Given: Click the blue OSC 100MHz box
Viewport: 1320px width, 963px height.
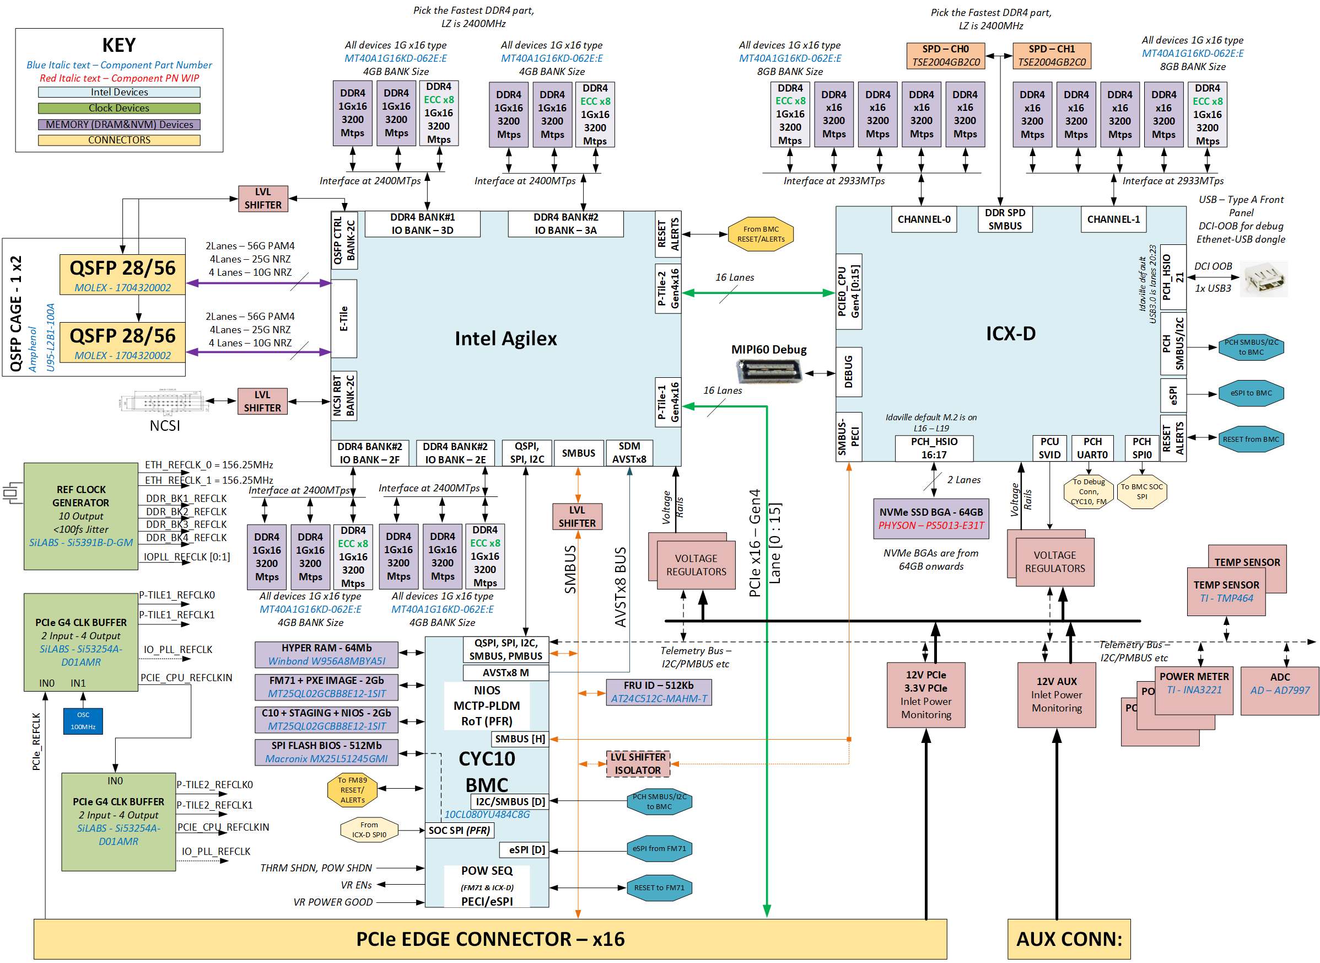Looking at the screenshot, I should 83,720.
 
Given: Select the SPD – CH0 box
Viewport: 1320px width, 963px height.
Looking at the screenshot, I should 945,55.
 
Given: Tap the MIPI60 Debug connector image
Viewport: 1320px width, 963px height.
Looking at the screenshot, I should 769,371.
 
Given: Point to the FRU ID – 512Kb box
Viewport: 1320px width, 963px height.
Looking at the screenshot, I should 658,692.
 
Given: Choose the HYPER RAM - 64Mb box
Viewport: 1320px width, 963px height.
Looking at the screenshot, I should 326,654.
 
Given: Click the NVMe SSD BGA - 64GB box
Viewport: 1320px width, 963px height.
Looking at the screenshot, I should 931,518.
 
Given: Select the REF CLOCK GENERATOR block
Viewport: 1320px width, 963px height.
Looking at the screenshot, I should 81,516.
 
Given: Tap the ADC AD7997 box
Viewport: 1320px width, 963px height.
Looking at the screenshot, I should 1279,690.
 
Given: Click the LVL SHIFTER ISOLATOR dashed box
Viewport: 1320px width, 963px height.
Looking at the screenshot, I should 638,763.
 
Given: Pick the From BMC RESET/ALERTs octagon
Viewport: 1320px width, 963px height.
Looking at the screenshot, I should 760,234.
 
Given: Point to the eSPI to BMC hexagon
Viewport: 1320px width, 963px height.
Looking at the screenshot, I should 1251,393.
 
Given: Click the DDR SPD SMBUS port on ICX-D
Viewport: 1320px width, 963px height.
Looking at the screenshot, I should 1004,219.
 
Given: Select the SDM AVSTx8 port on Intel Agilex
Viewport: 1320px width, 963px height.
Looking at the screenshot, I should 629,452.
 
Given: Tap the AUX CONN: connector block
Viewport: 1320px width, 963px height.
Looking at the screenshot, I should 1068,939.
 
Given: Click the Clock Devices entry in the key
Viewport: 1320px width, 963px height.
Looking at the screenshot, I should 119,108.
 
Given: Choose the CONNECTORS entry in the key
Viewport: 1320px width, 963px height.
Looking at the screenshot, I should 119,140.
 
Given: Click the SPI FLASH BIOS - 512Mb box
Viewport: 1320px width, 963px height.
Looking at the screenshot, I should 326,752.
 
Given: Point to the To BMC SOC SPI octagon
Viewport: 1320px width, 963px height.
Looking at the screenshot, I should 1141,491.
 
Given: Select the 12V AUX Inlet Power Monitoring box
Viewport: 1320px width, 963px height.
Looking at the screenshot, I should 1056,694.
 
